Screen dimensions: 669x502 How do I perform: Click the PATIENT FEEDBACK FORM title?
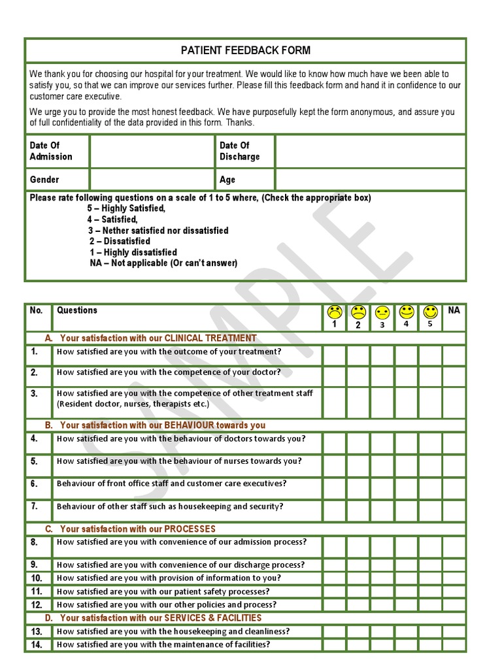(x=245, y=50)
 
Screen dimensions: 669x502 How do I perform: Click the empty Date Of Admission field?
(x=152, y=151)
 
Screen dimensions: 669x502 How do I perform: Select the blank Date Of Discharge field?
(x=370, y=151)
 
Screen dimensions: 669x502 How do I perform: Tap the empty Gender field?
(x=152, y=180)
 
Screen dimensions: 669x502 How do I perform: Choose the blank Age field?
(x=370, y=180)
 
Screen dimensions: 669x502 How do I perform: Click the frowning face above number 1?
(x=335, y=312)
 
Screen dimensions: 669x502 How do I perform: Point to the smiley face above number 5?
(x=430, y=312)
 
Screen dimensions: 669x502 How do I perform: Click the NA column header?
(x=454, y=310)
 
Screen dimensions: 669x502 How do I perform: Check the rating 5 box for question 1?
(x=430, y=355)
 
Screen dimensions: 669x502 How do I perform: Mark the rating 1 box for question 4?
(x=335, y=443)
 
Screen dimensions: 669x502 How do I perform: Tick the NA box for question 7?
(x=454, y=510)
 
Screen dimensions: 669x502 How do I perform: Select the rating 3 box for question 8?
(x=382, y=546)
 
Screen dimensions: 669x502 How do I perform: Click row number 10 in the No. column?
(x=37, y=578)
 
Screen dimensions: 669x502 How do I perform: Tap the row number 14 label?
(x=37, y=645)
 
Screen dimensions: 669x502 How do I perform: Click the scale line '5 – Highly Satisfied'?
(x=126, y=208)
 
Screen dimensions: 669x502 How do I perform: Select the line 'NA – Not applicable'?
(x=163, y=263)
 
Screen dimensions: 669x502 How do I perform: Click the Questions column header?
(x=77, y=310)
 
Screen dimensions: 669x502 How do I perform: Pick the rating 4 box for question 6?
(x=407, y=487)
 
